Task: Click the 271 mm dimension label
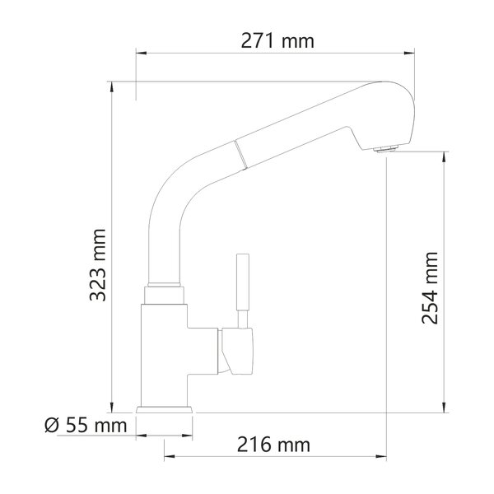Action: click(x=277, y=41)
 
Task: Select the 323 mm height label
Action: click(x=98, y=265)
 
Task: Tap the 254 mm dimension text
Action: click(x=430, y=288)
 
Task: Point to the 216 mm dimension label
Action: click(x=273, y=445)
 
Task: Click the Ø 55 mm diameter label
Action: click(x=86, y=426)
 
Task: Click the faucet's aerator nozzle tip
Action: click(x=386, y=149)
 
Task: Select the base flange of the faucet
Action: click(x=164, y=409)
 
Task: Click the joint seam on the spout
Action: click(x=240, y=153)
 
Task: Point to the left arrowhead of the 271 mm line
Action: click(x=141, y=53)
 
